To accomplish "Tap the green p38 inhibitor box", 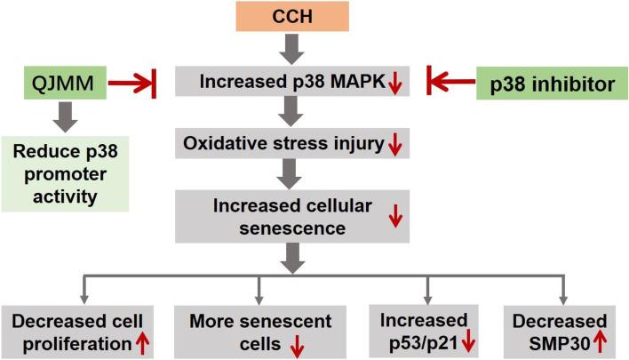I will point(552,85).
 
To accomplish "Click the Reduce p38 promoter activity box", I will point(66,172).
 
